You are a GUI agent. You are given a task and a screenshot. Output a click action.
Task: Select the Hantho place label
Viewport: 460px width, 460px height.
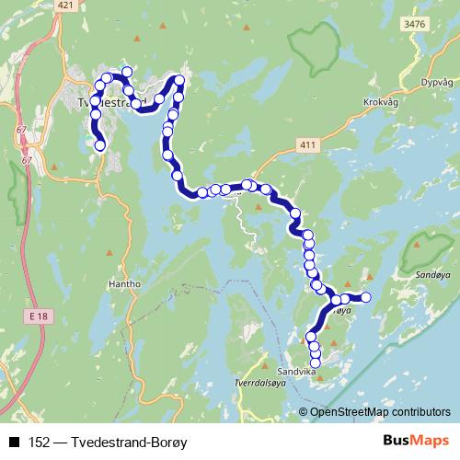coord(124,284)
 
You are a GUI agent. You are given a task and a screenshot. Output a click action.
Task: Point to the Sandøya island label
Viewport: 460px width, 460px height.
coord(431,274)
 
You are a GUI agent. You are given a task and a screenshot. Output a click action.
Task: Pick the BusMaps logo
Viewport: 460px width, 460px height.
coord(413,441)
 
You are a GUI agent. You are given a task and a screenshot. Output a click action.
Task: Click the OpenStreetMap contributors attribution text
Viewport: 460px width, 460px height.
coord(380,411)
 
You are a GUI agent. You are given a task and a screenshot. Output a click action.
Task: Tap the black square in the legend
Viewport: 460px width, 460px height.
coord(15,443)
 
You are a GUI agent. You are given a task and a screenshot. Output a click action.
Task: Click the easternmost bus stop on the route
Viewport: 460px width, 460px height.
coord(365,296)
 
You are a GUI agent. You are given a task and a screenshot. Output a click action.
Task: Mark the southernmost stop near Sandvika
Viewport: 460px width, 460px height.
coord(316,362)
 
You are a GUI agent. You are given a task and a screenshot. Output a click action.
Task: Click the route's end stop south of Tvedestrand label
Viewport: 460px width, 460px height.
coord(100,144)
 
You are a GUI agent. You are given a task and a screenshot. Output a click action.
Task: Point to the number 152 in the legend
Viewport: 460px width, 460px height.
coord(39,443)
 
